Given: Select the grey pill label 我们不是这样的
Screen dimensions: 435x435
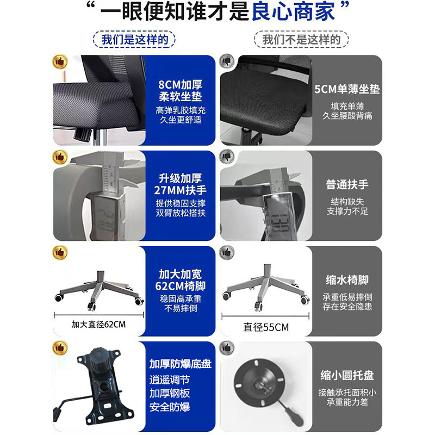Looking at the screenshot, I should (x=302, y=39).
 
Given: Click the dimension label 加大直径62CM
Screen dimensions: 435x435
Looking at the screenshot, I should (x=98, y=325).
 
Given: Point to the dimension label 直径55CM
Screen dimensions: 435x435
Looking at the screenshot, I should (x=266, y=327).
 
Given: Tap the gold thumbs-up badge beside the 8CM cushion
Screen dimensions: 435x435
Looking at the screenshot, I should (x=59, y=61).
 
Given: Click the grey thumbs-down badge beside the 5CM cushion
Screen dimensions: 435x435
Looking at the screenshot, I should (x=226, y=61).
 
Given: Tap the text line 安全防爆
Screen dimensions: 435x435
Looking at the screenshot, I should (x=169, y=406).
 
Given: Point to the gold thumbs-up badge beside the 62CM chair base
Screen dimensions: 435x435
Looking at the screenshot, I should (x=59, y=253).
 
